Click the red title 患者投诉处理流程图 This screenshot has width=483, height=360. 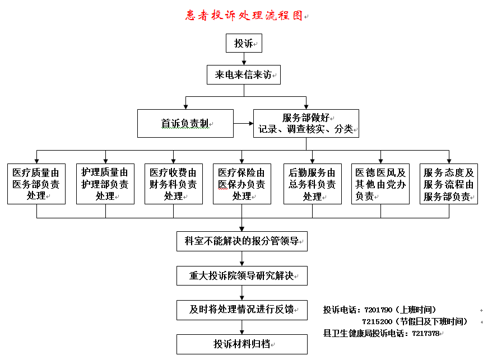244,15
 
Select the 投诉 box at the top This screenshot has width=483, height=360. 244,43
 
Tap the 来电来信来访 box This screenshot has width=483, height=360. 243,74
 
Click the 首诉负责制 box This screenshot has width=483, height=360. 185,124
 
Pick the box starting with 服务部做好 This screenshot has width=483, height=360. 306,124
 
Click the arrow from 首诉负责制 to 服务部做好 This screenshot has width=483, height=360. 243,124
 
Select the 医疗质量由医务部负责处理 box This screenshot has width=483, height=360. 36,184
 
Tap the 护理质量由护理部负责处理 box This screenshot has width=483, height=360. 105,184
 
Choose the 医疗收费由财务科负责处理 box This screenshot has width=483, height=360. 173,184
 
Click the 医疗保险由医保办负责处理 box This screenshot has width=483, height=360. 241,184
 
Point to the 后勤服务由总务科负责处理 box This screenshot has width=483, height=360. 312,184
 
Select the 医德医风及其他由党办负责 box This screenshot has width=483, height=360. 380,184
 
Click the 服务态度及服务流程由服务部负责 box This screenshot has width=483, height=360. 449,184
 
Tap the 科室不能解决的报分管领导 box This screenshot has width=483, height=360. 242,241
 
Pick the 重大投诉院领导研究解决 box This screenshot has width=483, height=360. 242,275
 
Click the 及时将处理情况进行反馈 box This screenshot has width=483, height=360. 242,310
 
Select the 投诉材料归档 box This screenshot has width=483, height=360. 242,344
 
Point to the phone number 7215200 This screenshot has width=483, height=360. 378,321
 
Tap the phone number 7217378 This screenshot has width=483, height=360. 426,333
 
